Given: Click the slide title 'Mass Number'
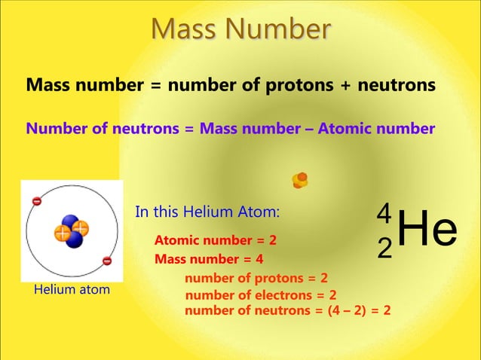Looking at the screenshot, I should [x=240, y=29].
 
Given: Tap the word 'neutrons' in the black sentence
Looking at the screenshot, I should [x=398, y=86].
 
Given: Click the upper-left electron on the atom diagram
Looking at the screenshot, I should [x=36, y=201].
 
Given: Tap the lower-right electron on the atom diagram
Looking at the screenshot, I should [x=106, y=261].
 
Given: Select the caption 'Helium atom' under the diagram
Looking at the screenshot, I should [x=72, y=289].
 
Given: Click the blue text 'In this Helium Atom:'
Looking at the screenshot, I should [x=207, y=212].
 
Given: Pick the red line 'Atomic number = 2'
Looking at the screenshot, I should [x=216, y=241].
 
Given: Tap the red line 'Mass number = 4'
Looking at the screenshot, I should [x=209, y=260].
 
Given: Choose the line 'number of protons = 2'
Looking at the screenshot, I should [x=256, y=279].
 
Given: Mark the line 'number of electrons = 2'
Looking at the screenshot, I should [x=261, y=295].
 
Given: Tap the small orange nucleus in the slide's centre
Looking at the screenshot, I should [x=300, y=180].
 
